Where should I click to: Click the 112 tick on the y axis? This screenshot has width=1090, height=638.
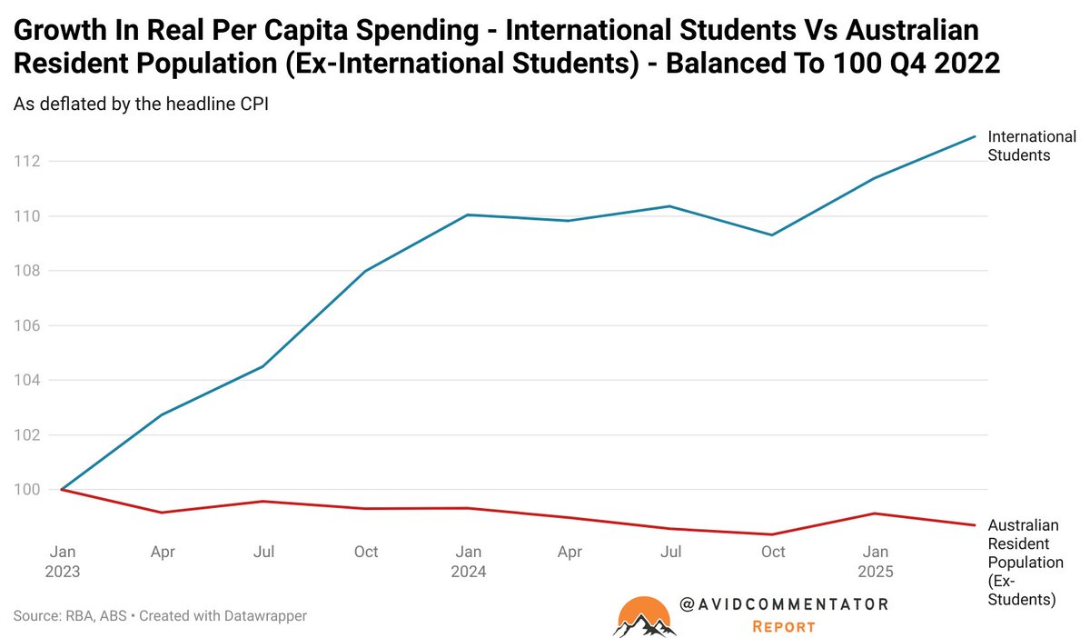[x=26, y=161]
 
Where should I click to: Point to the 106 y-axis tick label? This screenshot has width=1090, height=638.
[x=26, y=325]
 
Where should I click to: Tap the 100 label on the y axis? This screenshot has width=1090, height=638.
[x=26, y=489]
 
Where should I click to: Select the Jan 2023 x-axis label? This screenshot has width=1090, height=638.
[x=63, y=561]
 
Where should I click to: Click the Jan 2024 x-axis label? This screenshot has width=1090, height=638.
[x=469, y=561]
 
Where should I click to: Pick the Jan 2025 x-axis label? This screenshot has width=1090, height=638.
[x=876, y=561]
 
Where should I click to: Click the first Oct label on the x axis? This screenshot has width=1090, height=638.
[x=366, y=551]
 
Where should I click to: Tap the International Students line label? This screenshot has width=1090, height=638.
[x=1031, y=145]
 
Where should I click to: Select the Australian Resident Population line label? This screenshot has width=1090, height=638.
[x=1025, y=562]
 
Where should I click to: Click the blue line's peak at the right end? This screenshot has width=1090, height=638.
[x=975, y=136]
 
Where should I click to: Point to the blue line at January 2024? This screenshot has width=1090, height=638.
[x=468, y=214]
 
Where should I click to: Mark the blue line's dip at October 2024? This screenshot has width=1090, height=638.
[x=772, y=234]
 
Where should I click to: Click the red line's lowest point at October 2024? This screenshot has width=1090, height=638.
[x=772, y=534]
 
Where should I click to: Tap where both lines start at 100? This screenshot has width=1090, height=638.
[x=62, y=489]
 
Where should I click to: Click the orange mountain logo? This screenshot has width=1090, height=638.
[x=645, y=615]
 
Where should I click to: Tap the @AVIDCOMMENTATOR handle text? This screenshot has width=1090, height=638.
[x=783, y=603]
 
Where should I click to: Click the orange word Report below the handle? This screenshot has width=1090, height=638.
[x=783, y=626]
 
